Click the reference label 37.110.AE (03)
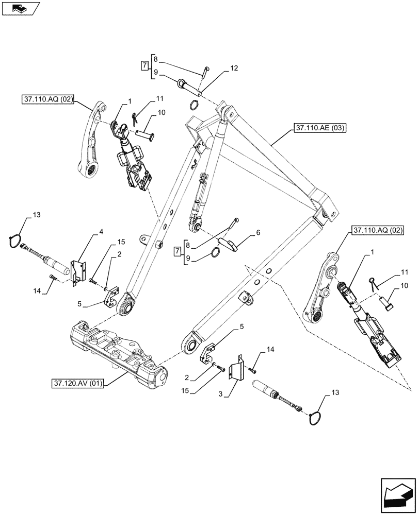click(319, 127)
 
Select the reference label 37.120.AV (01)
click(77, 383)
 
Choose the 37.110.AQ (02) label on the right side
click(378, 230)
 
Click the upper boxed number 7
click(144, 65)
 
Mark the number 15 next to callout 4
click(120, 242)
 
